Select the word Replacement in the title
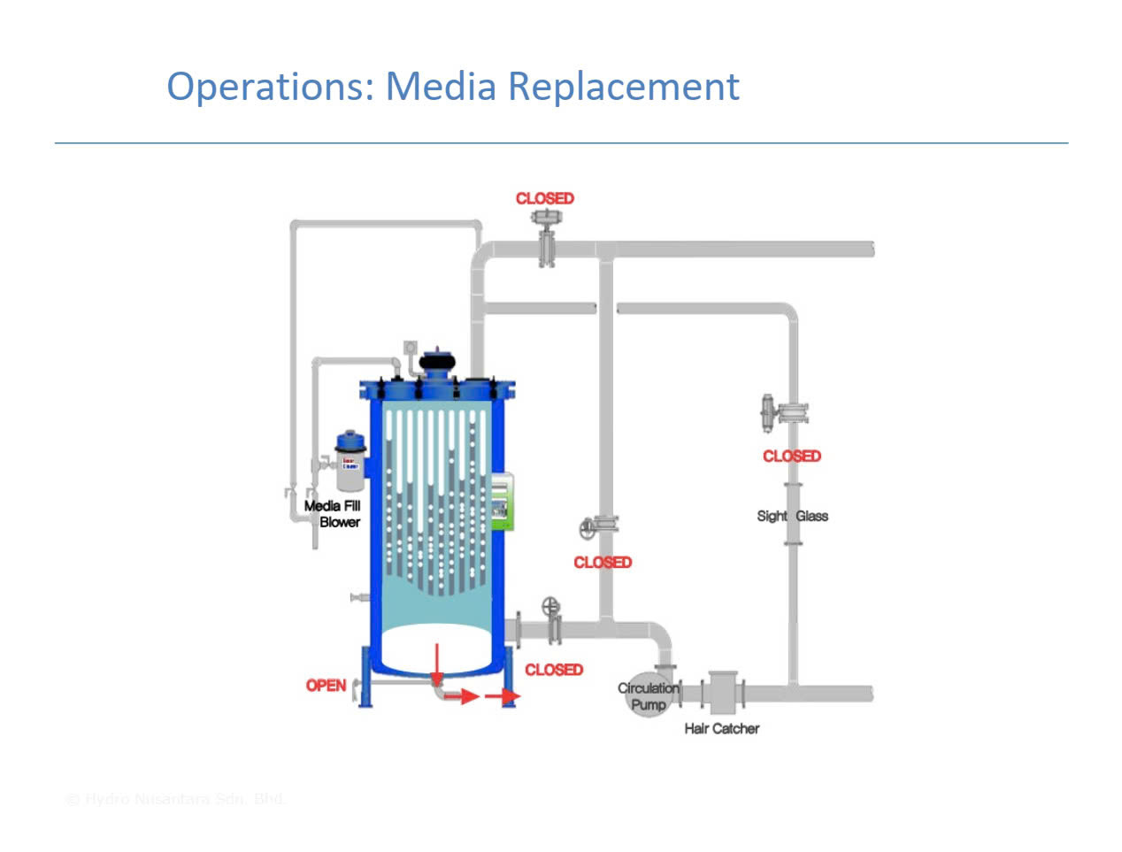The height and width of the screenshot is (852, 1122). click(624, 87)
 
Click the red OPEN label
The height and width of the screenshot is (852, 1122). click(326, 685)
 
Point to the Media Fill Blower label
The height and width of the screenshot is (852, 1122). click(333, 514)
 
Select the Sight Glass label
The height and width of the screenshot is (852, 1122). click(792, 516)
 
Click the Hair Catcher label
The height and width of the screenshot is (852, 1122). click(721, 728)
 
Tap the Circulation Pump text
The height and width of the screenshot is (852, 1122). click(649, 695)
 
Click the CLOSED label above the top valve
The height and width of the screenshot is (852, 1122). click(544, 198)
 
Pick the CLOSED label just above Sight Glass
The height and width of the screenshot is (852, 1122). click(791, 456)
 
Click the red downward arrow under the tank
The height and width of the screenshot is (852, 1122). click(436, 664)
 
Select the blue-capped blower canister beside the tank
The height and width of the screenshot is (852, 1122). click(350, 461)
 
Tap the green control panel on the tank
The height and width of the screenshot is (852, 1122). click(502, 502)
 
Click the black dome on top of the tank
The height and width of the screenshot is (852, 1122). click(436, 363)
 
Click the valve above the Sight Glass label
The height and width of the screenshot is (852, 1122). click(782, 411)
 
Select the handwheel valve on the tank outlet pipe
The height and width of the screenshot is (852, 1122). click(552, 619)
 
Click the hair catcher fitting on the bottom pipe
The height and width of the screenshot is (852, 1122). click(724, 692)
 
